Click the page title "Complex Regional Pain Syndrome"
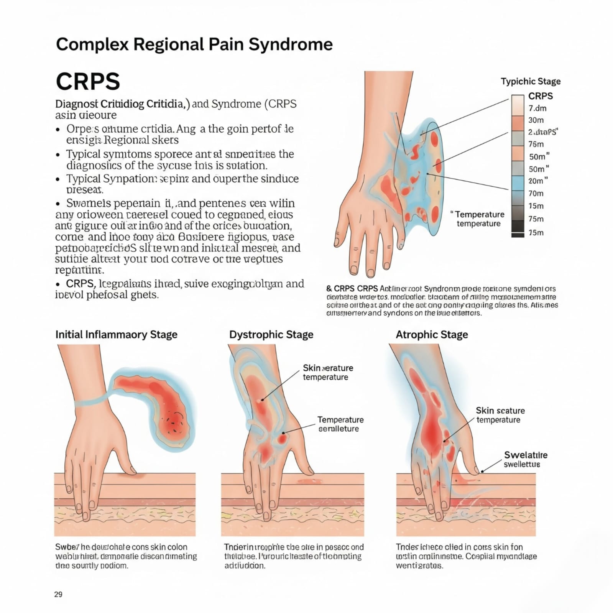point(194,44)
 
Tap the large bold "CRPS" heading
point(88,81)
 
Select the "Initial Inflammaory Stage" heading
point(116,334)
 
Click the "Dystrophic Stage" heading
point(271,334)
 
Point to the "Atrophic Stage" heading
point(432,334)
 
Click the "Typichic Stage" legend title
point(531,81)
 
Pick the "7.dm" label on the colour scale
point(537,108)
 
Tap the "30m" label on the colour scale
point(536,120)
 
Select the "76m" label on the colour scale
point(536,144)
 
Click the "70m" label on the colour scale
point(536,193)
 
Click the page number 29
point(58,594)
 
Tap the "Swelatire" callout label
point(526,455)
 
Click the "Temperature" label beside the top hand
point(479,214)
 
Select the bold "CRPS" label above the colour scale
point(540,96)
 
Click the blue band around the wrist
point(90,401)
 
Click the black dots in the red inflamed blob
point(175,421)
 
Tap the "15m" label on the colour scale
point(536,206)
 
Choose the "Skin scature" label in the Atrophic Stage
point(500,411)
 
